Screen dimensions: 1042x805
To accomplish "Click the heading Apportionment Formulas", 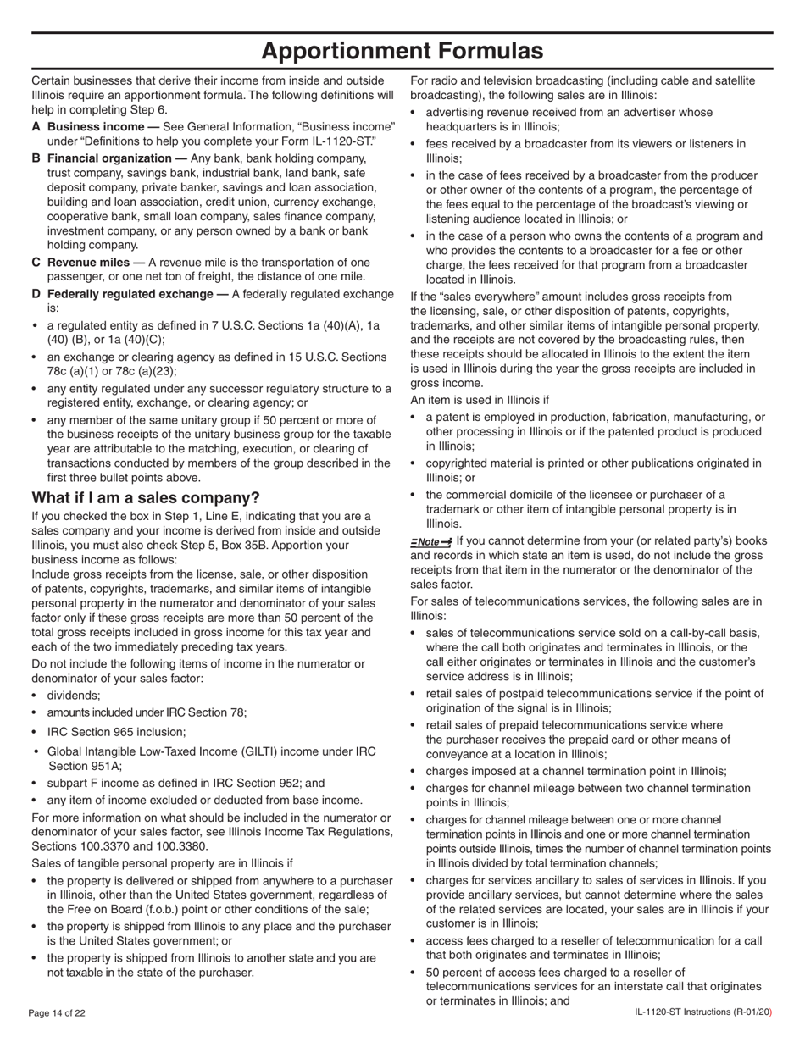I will tap(402, 51).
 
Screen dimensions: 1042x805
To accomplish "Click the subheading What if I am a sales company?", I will tap(146, 497).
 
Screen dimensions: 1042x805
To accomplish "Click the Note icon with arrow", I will tap(430, 542).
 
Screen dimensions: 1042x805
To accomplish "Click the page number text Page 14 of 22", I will tap(58, 1013).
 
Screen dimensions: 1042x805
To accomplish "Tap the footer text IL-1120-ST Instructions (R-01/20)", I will tap(702, 1013).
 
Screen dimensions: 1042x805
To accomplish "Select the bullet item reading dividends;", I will tap(74, 695).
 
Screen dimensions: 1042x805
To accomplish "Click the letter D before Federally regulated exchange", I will tap(36, 294).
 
